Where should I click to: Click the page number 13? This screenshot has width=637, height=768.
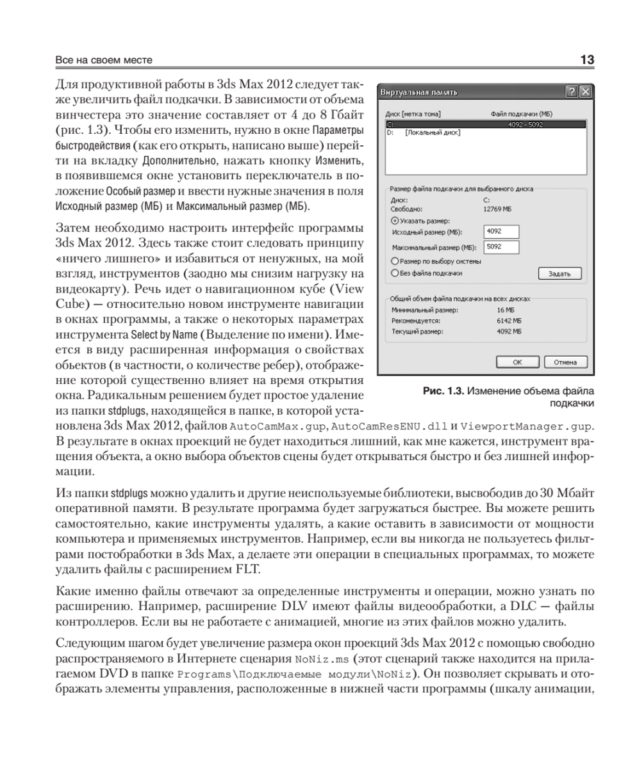(586, 60)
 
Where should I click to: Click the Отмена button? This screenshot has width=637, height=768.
(566, 362)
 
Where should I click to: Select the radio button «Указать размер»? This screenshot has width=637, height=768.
(395, 221)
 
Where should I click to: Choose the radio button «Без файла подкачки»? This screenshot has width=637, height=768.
(395, 273)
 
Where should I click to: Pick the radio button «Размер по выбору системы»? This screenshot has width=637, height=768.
(395, 261)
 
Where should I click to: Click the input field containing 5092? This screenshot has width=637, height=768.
(501, 246)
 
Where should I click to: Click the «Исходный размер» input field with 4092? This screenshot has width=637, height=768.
(501, 231)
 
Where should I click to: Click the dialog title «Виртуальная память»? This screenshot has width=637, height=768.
(419, 93)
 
